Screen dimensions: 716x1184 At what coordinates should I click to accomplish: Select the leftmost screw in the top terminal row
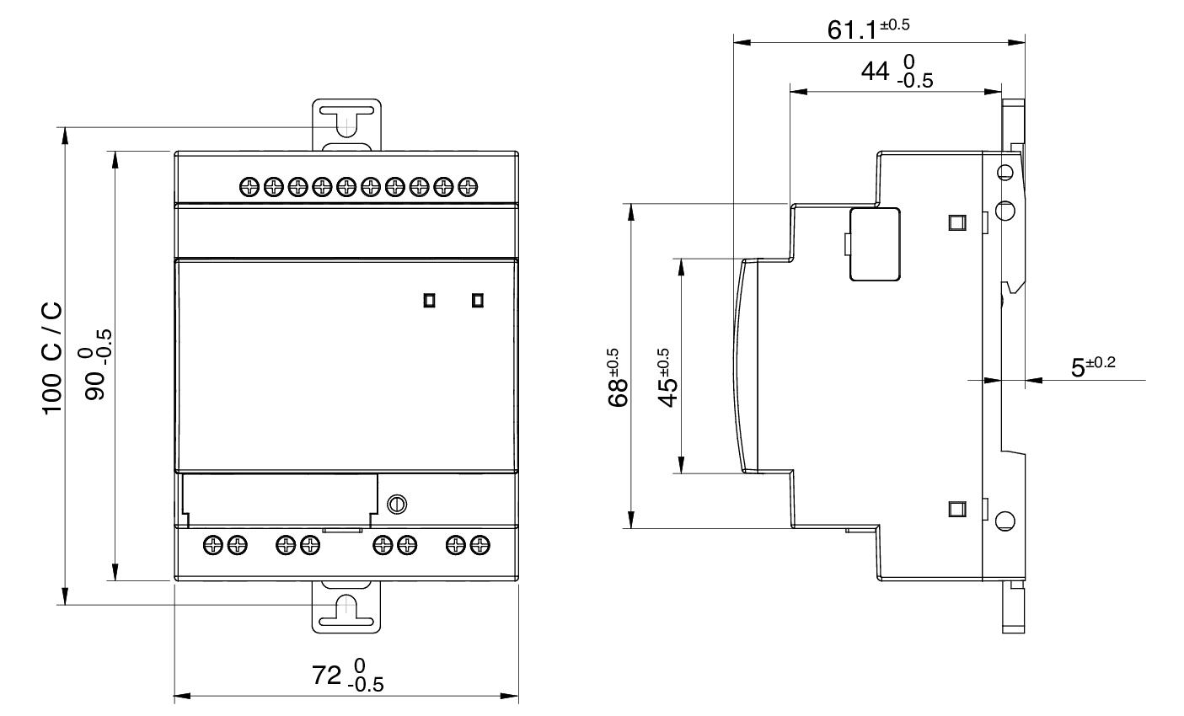[249, 186]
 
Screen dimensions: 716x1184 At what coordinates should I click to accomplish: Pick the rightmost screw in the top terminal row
[469, 186]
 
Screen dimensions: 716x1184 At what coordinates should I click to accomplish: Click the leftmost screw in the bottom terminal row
[214, 545]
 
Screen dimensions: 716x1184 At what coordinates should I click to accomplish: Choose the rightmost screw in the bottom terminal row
[480, 545]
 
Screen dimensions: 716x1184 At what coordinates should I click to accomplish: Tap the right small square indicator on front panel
[478, 300]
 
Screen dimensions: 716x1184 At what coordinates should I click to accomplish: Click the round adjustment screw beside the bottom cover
[397, 504]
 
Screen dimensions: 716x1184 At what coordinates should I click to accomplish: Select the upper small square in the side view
[956, 222]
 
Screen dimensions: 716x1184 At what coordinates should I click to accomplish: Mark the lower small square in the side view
[956, 508]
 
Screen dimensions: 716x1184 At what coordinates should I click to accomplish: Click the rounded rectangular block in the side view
[875, 244]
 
